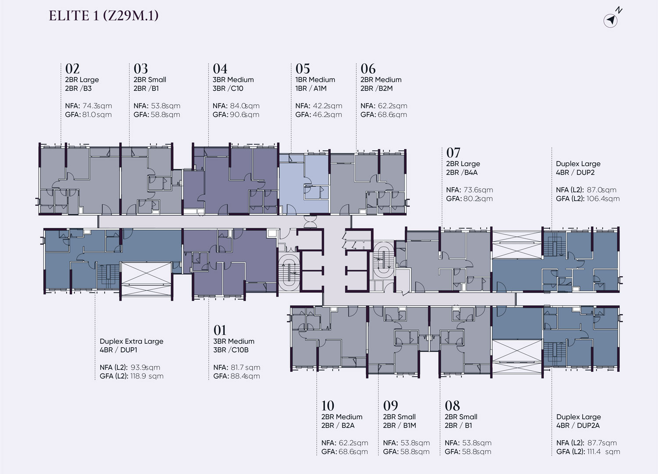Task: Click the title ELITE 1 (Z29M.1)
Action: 104,16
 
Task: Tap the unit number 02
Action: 72,69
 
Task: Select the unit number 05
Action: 303,69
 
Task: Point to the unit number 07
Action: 453,153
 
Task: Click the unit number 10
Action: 328,406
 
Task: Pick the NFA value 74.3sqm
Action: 97,106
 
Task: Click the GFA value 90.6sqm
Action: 244,114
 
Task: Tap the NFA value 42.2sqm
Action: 328,106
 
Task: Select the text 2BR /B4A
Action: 462,172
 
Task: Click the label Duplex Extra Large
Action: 131,341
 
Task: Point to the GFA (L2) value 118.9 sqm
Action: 147,376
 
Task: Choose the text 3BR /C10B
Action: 231,350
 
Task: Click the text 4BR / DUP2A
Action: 578,425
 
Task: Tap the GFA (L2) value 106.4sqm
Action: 603,199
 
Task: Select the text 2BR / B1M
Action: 400,425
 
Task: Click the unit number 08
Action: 452,406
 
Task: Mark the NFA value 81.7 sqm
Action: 245,367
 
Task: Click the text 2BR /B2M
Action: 376,89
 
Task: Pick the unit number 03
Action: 141,69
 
